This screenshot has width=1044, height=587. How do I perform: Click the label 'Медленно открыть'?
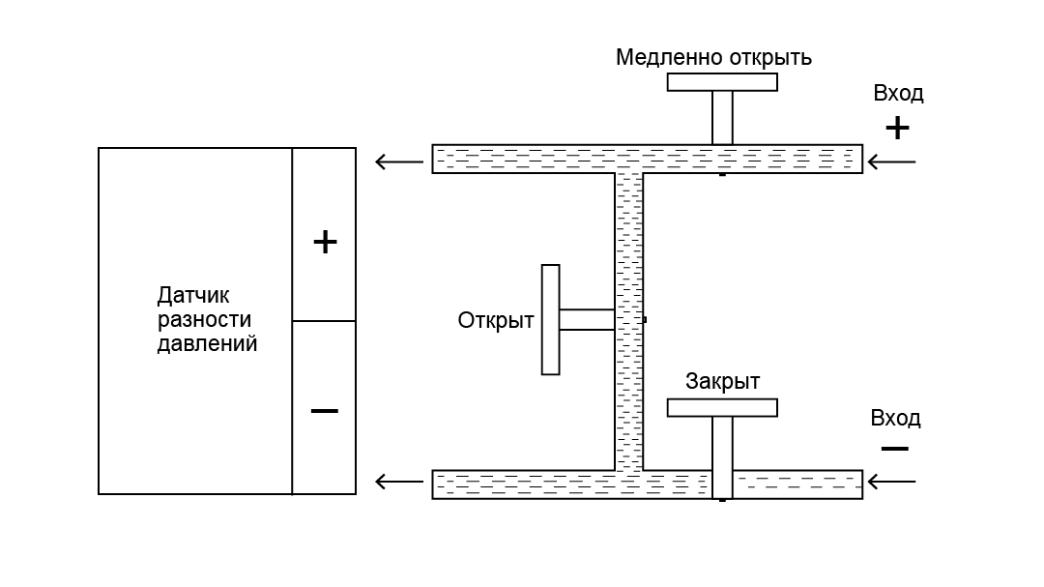[x=713, y=58]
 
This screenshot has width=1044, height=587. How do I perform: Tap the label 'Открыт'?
[x=496, y=320]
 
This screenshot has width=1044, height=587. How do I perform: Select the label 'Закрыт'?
[x=722, y=381]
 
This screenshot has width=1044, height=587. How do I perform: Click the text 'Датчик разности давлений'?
[x=207, y=319]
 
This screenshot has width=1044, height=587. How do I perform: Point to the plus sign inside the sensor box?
[x=325, y=242]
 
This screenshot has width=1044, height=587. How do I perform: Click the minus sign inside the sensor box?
[x=325, y=412]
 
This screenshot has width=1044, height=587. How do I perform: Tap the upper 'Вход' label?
[x=898, y=94]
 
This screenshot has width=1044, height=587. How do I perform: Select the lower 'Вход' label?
[x=895, y=419]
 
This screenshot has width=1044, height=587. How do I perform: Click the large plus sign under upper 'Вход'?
[x=897, y=128]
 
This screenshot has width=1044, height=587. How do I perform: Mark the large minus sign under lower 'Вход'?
[x=895, y=450]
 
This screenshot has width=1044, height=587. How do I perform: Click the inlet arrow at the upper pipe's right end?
[x=891, y=161]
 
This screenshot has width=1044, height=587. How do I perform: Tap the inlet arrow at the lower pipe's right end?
[x=891, y=482]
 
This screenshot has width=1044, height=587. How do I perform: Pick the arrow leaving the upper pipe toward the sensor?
[x=398, y=161]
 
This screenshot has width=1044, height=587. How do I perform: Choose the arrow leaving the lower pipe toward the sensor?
[x=398, y=482]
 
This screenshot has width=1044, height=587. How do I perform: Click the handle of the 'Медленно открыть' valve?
[x=722, y=82]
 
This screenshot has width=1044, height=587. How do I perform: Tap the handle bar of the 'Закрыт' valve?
[x=722, y=407]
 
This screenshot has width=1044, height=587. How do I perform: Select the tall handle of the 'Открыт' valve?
[x=550, y=319]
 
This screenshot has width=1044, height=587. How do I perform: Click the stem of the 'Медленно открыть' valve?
[x=722, y=117]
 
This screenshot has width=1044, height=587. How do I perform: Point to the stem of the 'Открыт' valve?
[x=587, y=319]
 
